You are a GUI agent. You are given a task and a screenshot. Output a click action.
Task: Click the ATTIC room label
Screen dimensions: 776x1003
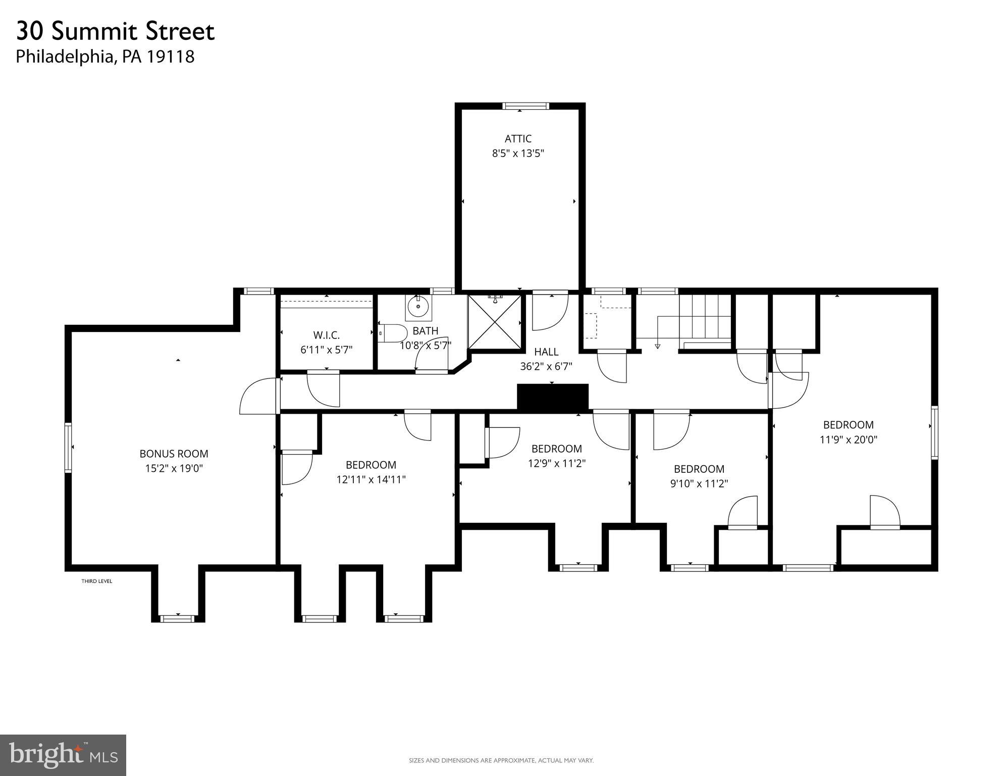(518, 138)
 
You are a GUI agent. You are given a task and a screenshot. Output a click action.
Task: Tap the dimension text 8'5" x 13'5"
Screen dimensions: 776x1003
(518, 153)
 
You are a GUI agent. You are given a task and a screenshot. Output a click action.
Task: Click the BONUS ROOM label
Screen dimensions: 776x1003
(174, 454)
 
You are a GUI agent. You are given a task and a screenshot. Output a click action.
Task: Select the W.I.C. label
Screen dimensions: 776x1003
(326, 335)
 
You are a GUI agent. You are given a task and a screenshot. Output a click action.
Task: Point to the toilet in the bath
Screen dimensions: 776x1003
(394, 333)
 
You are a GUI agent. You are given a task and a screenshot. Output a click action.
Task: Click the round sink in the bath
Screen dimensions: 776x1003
(418, 307)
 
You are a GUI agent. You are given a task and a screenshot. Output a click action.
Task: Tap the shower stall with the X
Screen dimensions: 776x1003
(495, 322)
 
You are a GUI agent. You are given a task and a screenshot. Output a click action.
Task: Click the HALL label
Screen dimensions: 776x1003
(546, 352)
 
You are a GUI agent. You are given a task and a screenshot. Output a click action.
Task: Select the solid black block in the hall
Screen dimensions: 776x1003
(553, 397)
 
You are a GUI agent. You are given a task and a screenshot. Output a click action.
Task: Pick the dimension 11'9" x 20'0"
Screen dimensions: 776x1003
(848, 440)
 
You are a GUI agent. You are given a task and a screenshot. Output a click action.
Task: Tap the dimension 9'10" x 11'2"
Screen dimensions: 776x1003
(699, 483)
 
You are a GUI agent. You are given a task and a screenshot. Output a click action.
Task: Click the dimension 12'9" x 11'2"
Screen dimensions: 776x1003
(556, 463)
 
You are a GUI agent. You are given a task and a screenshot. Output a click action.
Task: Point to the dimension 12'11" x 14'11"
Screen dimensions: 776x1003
(371, 479)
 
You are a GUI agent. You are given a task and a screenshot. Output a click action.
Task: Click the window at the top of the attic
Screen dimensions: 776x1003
(525, 106)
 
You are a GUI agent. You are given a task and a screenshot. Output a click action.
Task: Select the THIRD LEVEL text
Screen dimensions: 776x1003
(97, 581)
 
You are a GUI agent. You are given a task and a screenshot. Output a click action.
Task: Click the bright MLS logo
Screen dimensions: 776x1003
(63, 755)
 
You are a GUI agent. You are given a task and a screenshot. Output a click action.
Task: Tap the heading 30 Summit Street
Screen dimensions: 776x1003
(116, 31)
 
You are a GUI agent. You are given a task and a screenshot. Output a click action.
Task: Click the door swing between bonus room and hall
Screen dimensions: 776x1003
(258, 397)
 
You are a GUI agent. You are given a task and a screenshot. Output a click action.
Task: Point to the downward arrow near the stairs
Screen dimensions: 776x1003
(657, 346)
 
